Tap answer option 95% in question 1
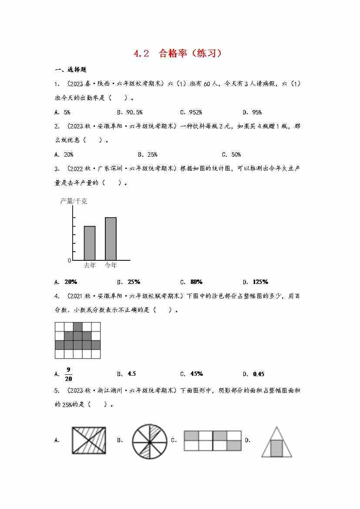click(x=257, y=112)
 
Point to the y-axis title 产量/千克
click(x=74, y=201)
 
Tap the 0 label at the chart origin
click(x=69, y=260)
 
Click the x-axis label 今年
click(x=111, y=265)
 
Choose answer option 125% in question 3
click(x=260, y=281)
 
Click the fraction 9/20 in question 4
click(x=68, y=374)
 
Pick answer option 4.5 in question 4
click(x=131, y=374)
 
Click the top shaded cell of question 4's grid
click(x=77, y=327)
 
